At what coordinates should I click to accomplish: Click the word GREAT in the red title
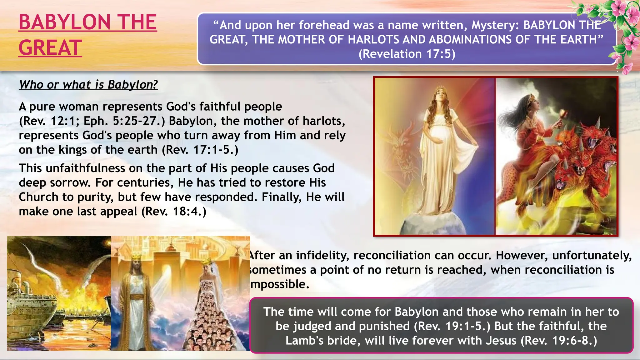tap(50, 48)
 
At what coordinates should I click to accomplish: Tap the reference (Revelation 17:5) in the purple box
tap(407, 54)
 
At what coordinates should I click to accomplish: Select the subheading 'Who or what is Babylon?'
tap(88, 84)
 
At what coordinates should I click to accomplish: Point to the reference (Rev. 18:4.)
tap(174, 212)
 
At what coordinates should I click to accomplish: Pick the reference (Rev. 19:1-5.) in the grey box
tap(452, 326)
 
